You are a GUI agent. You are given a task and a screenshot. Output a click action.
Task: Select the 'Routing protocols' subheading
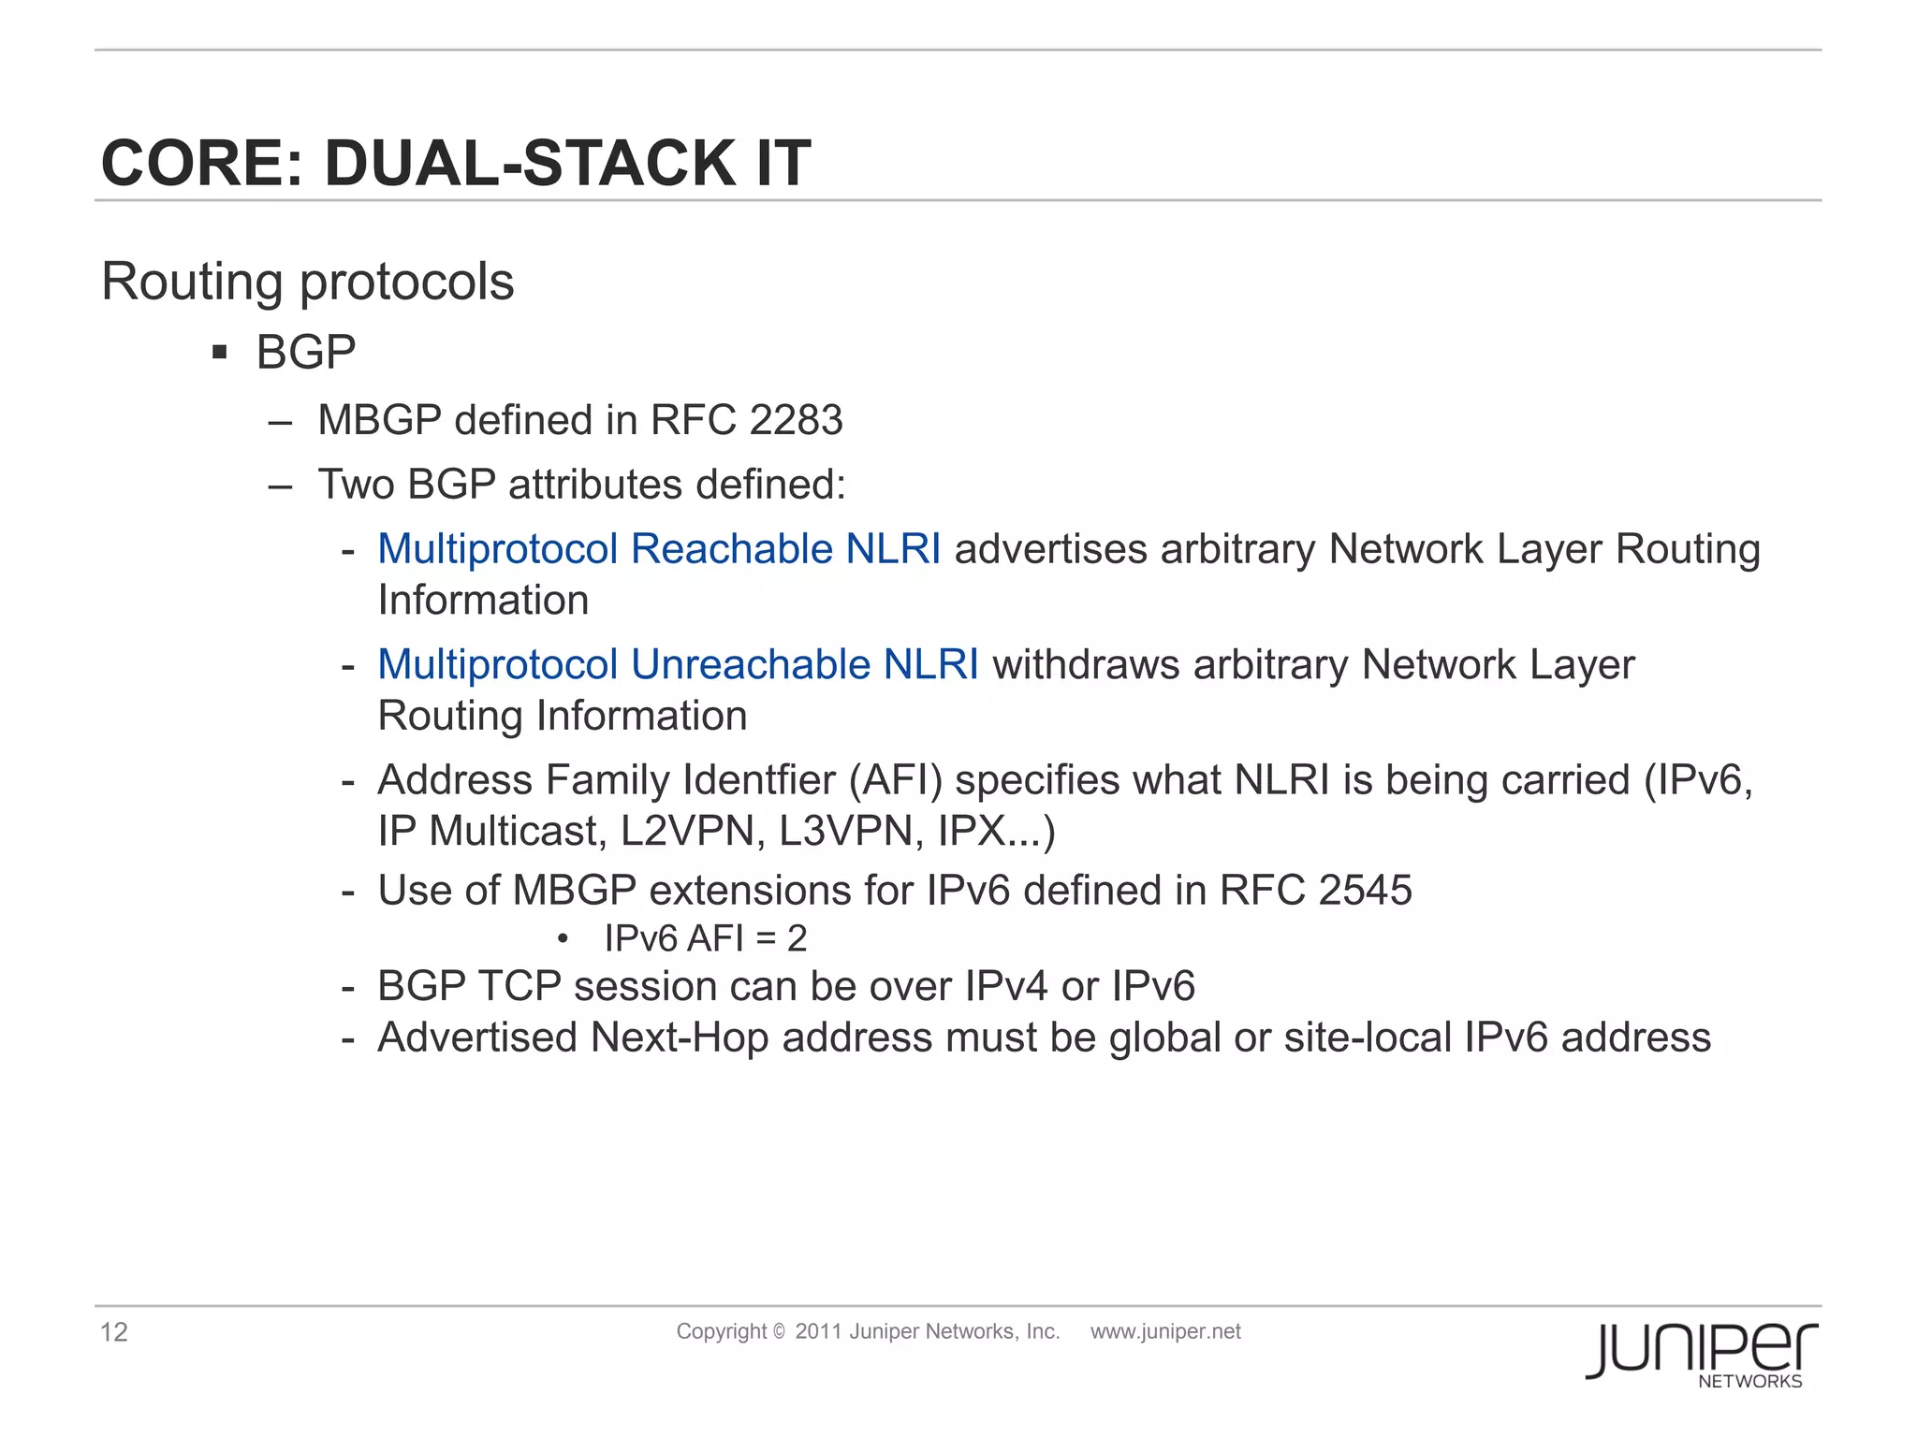coord(307,281)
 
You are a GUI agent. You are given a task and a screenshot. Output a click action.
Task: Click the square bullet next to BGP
coord(220,353)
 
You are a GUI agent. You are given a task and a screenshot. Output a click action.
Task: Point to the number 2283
coord(796,420)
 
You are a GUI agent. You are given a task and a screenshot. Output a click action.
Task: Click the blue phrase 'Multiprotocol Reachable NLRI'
coord(659,549)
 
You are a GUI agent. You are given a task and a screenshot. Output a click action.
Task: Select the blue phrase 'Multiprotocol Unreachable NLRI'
coord(678,664)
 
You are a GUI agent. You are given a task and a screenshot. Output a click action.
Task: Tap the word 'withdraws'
coord(1086,664)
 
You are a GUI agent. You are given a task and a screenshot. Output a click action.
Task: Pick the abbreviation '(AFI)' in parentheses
coord(895,779)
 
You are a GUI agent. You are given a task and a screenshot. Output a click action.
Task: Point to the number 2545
coord(1365,890)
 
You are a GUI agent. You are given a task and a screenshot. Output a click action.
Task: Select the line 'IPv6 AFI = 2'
coord(705,938)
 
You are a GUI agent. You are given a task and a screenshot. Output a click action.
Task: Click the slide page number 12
coord(114,1332)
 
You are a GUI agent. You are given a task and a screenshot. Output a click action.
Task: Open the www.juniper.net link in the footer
coord(1165,1331)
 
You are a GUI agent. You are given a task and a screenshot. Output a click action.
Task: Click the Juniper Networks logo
coord(1701,1354)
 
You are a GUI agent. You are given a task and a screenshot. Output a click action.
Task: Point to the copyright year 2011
coord(818,1331)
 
